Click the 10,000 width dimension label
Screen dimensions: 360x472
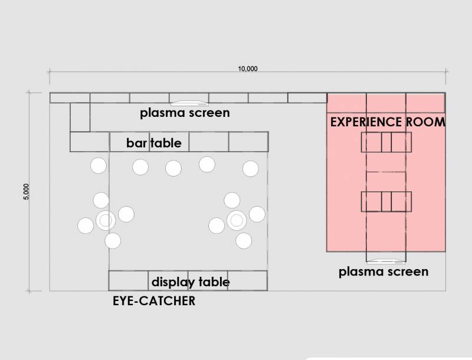pos(248,68)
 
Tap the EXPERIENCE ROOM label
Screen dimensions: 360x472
pos(387,122)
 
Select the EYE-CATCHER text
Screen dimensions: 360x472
pos(153,301)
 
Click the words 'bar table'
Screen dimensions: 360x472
pos(153,143)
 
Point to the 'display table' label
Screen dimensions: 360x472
pos(191,282)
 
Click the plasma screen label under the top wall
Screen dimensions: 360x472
pos(185,112)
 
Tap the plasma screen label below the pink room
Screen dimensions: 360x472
pos(383,271)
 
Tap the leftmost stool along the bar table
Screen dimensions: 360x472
pos(98,166)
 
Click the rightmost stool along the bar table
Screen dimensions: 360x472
pos(250,169)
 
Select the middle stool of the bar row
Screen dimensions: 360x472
pos(173,168)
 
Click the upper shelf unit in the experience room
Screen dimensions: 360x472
pos(386,142)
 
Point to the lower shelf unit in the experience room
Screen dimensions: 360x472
pos(386,201)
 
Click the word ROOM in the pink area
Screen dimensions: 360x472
pos(425,122)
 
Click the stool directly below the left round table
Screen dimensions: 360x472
pos(113,241)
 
